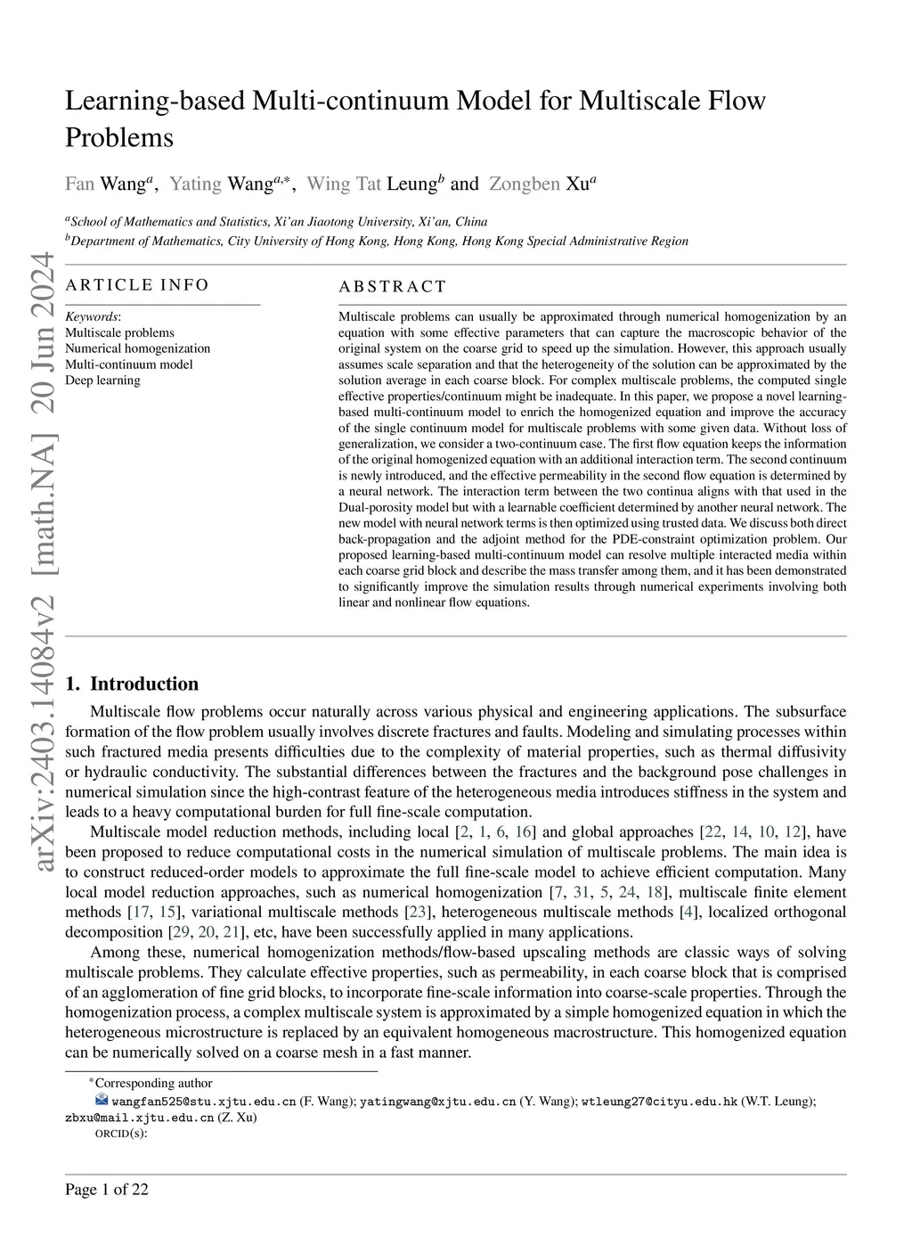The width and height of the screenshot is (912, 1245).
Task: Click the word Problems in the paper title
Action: [x=119, y=138]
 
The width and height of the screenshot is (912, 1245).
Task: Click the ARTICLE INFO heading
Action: [x=137, y=285]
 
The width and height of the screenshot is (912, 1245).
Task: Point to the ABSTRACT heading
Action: [x=393, y=287]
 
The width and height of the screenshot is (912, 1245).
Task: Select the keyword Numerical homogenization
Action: [x=138, y=348]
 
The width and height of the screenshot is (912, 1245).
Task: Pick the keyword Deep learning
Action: [x=102, y=381]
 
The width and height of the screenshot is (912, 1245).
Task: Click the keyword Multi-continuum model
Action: [x=128, y=364]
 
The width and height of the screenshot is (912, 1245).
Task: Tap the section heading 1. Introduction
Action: [x=132, y=684]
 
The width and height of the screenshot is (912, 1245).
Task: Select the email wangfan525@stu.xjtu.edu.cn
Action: [x=204, y=1102]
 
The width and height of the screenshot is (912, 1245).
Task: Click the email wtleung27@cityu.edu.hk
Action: [x=659, y=1102]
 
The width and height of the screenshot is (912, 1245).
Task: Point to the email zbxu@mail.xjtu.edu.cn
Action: [x=139, y=1118]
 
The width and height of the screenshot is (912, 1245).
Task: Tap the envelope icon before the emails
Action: [x=101, y=1101]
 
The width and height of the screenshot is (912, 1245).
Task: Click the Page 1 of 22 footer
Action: [x=107, y=1190]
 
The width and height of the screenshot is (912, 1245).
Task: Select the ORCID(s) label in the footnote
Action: [x=120, y=1134]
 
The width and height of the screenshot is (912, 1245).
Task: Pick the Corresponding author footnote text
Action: [x=153, y=1084]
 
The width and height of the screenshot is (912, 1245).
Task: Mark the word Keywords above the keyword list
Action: [x=92, y=316]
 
